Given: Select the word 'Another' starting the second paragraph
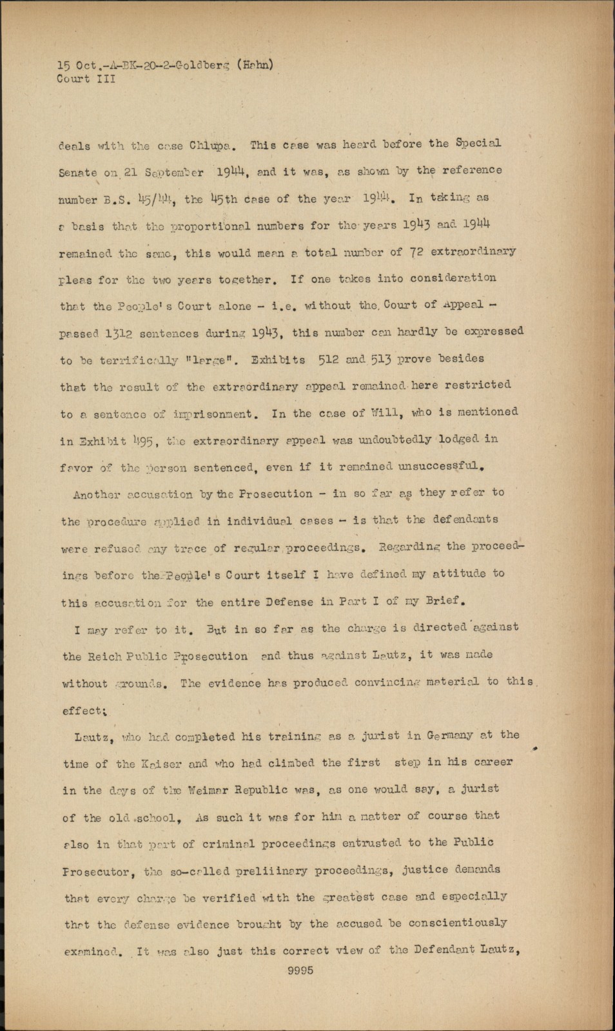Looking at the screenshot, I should pyautogui.click(x=97, y=495).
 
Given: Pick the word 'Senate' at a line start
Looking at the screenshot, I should pyautogui.click(x=77, y=173).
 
